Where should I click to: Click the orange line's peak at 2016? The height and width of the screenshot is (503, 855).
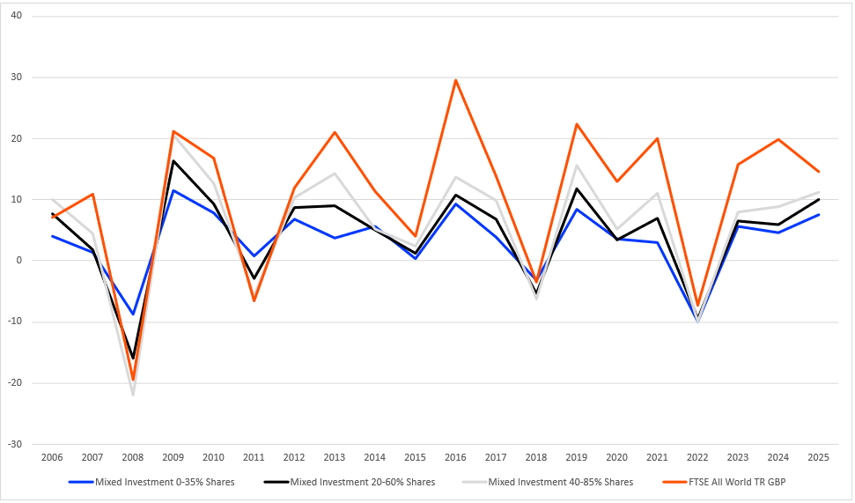click(x=455, y=80)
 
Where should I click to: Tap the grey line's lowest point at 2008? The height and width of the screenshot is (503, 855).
click(x=132, y=395)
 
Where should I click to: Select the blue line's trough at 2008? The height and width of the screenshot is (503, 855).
click(x=132, y=314)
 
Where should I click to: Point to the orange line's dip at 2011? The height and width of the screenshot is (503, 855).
click(x=254, y=300)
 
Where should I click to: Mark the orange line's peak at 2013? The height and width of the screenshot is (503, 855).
click(x=335, y=132)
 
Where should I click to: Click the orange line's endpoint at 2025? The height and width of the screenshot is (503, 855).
click(x=819, y=172)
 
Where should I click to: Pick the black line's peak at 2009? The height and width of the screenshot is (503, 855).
click(x=173, y=160)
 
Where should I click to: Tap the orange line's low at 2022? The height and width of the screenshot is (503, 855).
click(x=697, y=306)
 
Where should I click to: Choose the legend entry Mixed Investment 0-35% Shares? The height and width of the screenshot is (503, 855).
click(x=151, y=482)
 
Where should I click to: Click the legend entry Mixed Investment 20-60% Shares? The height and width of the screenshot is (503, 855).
click(x=350, y=482)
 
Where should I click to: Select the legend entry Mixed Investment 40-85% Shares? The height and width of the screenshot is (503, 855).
click(x=548, y=482)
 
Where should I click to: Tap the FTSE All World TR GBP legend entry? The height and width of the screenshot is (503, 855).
click(x=724, y=482)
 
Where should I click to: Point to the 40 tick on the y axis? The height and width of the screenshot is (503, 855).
click(x=17, y=16)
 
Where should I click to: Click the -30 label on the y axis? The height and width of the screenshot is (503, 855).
click(x=15, y=444)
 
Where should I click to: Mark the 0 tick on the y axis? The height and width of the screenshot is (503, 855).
click(x=19, y=261)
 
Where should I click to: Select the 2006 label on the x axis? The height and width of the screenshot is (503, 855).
click(x=52, y=458)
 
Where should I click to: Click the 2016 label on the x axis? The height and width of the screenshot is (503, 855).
click(x=455, y=458)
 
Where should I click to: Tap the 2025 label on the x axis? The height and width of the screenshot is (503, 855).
click(x=819, y=458)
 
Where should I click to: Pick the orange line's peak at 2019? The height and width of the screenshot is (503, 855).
click(x=577, y=124)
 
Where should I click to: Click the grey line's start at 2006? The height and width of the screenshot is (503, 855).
click(x=52, y=199)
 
